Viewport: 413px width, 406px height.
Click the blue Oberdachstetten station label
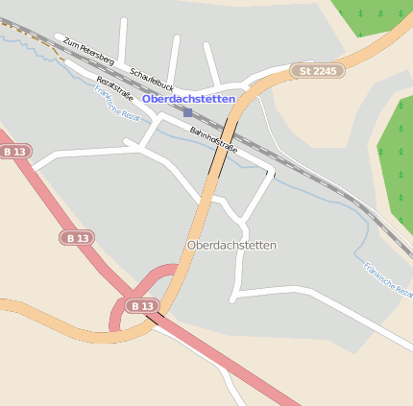(188, 99)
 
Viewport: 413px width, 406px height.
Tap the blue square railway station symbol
(187, 112)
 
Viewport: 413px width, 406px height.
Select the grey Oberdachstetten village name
(231, 246)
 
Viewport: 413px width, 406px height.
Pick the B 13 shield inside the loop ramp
(142, 305)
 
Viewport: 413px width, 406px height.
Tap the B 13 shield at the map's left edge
(13, 152)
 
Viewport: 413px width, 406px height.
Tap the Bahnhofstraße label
(213, 140)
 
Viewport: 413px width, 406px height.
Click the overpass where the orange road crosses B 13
(155, 314)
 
